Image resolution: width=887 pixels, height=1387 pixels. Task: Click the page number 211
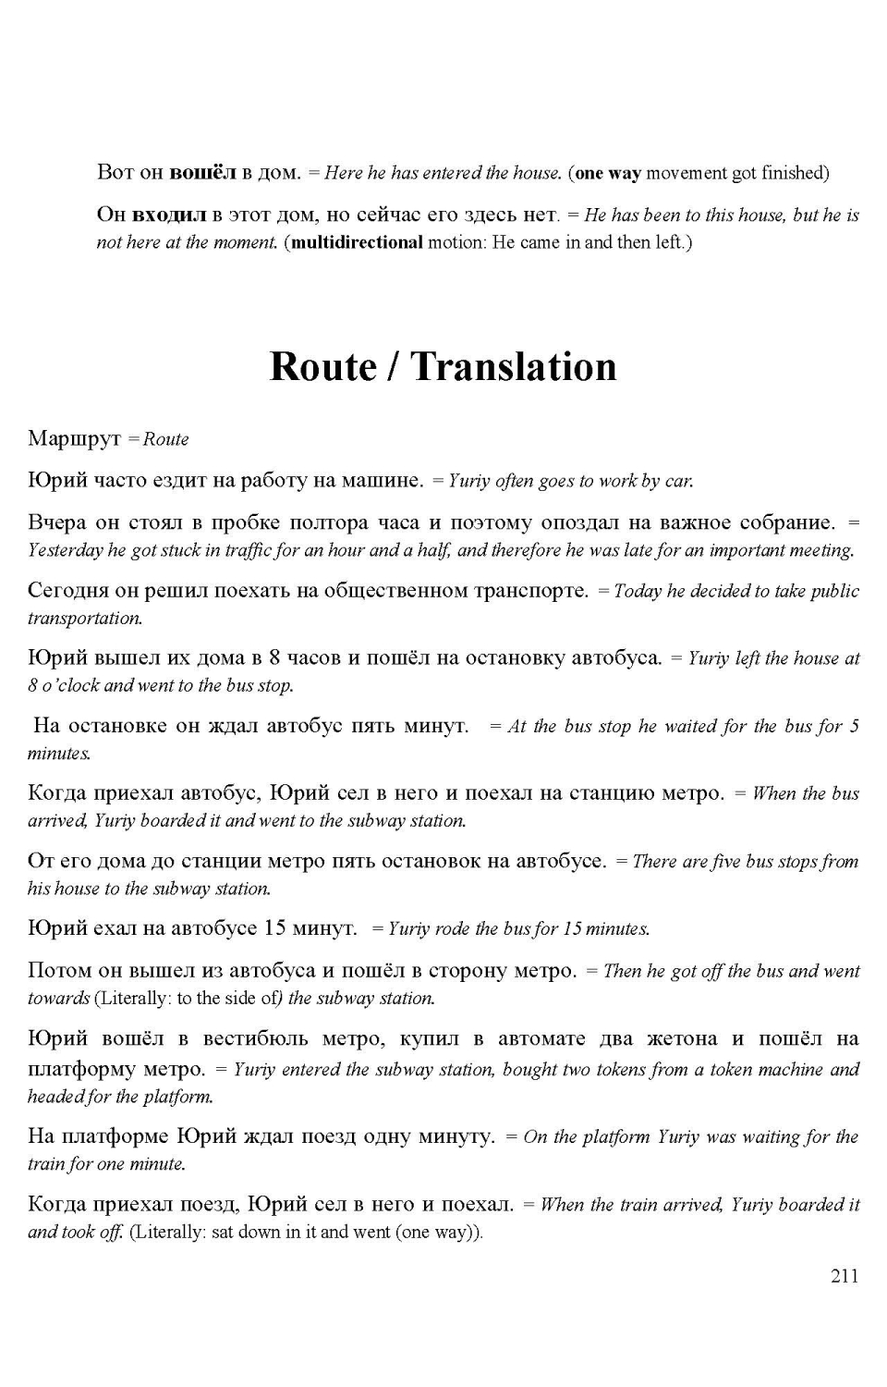tap(844, 1276)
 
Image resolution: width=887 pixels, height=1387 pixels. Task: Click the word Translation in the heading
tap(513, 366)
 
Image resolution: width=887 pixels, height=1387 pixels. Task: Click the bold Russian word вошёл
tap(203, 172)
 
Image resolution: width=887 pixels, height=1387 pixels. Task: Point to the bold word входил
tap(169, 215)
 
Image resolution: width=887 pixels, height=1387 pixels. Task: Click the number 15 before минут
tap(275, 927)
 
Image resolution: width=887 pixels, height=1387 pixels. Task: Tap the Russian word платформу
tap(82, 1069)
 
